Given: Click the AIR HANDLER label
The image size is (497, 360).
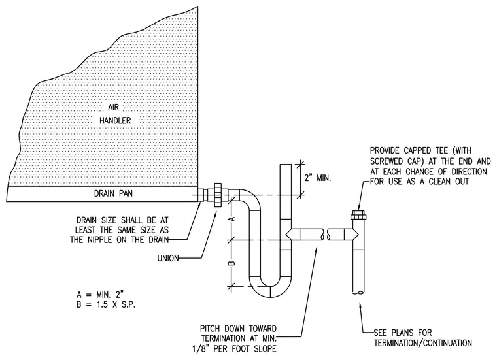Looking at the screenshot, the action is click(x=115, y=114).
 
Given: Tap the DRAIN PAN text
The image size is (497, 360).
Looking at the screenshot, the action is click(x=113, y=193).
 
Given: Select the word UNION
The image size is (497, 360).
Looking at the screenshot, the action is click(x=168, y=258).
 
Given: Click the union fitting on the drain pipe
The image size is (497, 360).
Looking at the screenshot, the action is click(x=218, y=195).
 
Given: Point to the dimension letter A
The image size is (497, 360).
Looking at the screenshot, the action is click(x=231, y=219).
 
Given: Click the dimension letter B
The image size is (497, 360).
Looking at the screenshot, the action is click(x=231, y=263).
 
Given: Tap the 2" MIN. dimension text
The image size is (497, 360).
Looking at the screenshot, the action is click(x=318, y=178).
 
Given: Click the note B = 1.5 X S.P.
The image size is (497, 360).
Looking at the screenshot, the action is click(x=106, y=305).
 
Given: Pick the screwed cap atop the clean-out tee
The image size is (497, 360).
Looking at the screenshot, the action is click(x=358, y=216).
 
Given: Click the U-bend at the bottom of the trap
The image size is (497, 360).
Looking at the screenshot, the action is click(x=270, y=287).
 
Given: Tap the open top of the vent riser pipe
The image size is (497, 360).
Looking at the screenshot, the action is click(x=286, y=165).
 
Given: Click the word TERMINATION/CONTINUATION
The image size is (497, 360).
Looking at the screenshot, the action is click(x=423, y=343).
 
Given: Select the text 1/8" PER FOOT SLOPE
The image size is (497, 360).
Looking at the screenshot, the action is click(x=234, y=349).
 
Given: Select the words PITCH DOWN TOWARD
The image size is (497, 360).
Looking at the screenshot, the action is click(x=238, y=329).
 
